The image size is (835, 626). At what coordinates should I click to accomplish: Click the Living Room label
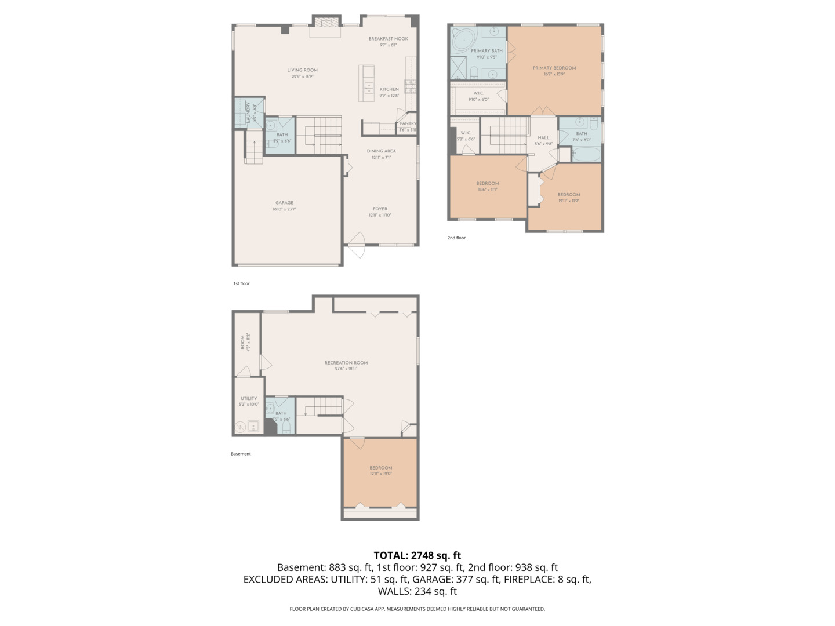point(302,70)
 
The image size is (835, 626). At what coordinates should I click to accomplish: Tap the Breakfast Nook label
point(388,39)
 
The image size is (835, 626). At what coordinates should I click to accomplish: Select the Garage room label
point(284,203)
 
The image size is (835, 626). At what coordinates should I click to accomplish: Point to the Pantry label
point(408,123)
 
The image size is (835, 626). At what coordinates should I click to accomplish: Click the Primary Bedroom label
point(554,68)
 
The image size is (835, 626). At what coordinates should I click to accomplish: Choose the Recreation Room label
point(346,363)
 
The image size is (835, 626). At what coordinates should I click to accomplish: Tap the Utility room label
point(249,398)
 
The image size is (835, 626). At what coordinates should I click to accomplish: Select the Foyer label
point(380,209)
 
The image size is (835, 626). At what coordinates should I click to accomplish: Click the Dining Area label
point(381,151)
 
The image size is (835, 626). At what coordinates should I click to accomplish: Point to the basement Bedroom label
point(381,468)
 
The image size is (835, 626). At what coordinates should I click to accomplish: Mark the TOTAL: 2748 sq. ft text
point(417,555)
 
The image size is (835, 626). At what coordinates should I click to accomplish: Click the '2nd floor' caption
point(456,238)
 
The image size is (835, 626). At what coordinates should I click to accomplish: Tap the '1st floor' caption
point(241,283)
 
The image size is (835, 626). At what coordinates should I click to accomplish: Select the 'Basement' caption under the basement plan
point(241,454)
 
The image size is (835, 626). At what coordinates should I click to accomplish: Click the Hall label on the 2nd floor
point(543,138)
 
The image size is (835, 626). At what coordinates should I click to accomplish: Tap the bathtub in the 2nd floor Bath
point(586,154)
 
